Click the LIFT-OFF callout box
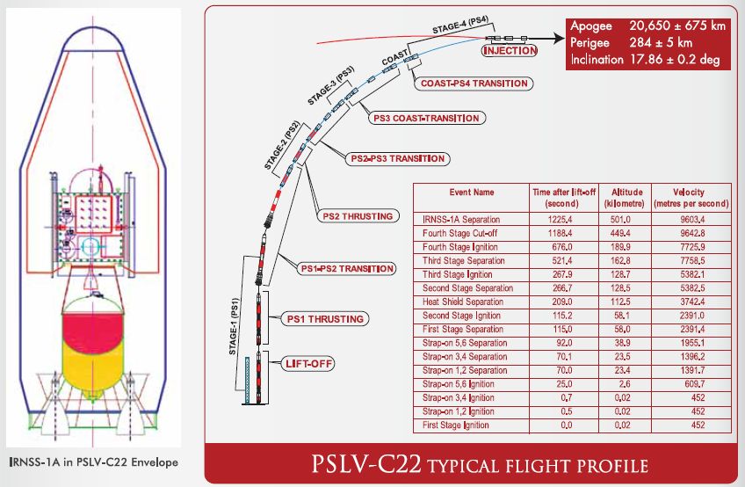tap(307, 361)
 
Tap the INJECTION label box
tap(510, 50)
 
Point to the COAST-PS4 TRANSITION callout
tap(474, 84)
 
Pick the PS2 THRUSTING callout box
tap(356, 216)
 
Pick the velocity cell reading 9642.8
tap(688, 234)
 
